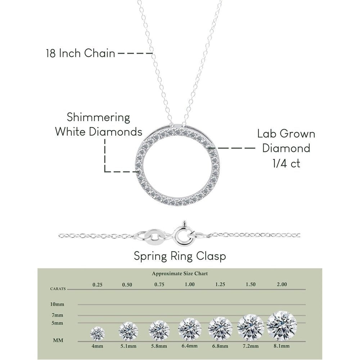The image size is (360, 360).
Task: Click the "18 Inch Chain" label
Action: coord(80,53)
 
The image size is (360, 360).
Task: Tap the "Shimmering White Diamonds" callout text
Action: coord(99,125)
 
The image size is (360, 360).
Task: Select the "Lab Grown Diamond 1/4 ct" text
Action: coord(286,148)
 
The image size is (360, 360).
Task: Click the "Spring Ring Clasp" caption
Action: coord(180,256)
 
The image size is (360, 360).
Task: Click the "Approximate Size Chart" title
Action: coord(180,274)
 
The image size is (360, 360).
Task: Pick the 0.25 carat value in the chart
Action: coord(97,285)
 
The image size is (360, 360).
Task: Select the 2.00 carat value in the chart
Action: coord(282,284)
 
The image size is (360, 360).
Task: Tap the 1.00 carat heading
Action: coord(190,284)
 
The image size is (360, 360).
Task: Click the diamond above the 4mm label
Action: coord(97,333)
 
